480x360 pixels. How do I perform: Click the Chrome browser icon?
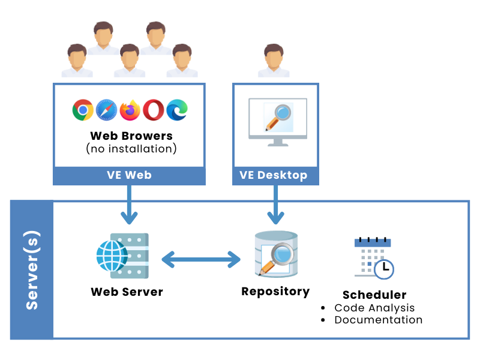[82, 110]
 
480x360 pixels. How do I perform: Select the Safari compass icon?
[106, 110]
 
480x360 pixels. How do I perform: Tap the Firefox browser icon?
[130, 110]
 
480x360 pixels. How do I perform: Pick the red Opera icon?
[153, 110]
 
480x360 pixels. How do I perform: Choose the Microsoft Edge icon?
[177, 110]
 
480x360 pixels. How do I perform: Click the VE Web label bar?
[129, 176]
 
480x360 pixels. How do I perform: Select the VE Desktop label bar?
[275, 176]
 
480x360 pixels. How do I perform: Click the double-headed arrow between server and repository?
[201, 260]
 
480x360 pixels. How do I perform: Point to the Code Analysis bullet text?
[374, 308]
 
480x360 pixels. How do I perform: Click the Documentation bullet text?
[378, 320]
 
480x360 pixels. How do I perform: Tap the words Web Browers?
[131, 136]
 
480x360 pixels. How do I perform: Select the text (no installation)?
[131, 148]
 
